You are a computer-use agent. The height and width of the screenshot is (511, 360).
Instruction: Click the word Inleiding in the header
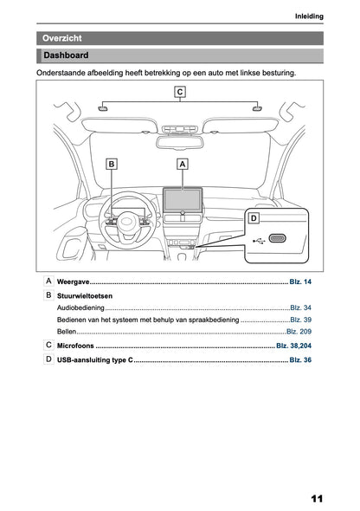point(308,16)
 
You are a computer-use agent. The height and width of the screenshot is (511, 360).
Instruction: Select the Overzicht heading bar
point(179,38)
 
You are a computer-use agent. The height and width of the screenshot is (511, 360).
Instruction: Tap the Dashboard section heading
point(179,56)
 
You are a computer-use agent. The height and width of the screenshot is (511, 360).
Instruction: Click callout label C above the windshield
point(179,92)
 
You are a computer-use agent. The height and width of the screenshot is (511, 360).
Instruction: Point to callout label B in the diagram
point(112,163)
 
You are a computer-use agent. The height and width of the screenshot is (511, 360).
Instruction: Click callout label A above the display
point(182,163)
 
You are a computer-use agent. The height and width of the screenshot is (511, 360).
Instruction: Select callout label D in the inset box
point(254,219)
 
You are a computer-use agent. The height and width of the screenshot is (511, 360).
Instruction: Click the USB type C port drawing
point(279,239)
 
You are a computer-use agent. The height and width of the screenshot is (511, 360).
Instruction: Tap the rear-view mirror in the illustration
point(182,130)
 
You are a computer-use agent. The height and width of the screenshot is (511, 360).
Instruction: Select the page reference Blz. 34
point(300,307)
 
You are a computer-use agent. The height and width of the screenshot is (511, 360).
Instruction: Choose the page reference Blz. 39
point(300,320)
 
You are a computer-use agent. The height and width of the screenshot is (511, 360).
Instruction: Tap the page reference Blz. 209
point(299,332)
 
